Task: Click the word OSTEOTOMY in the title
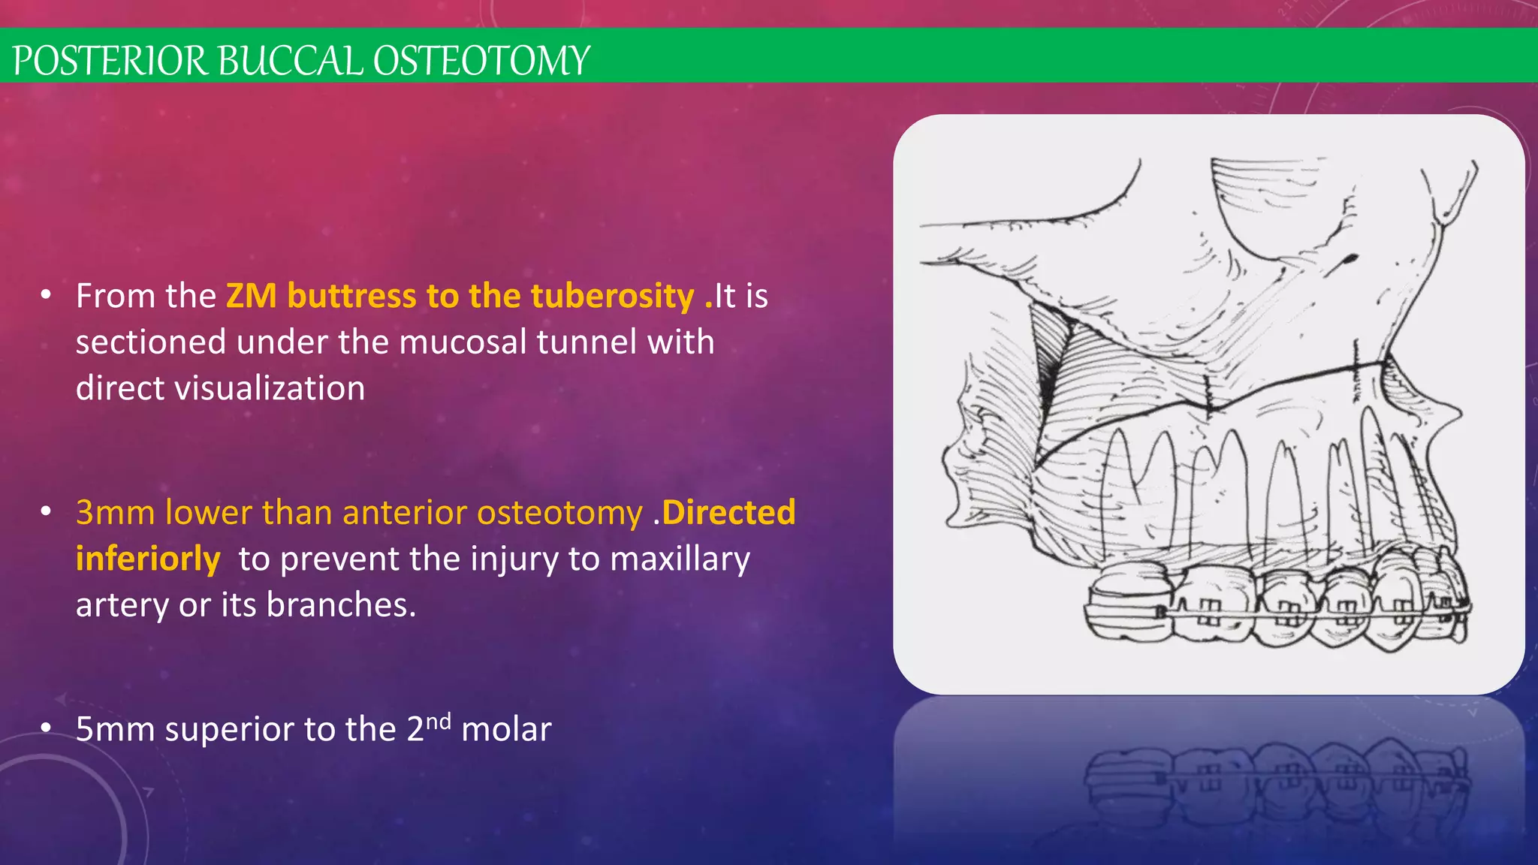pos(481,61)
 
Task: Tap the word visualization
pos(270,389)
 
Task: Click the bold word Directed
pos(728,513)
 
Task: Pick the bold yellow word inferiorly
pos(148,559)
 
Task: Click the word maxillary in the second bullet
pos(680,559)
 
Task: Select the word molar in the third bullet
pos(506,729)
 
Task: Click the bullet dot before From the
pos(46,295)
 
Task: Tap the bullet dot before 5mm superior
pos(46,728)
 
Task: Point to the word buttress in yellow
pos(351,296)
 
